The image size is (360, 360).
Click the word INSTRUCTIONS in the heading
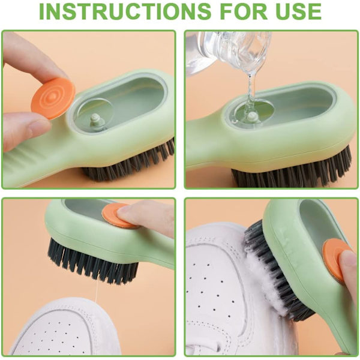point(125,11)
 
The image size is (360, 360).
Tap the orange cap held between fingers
point(53,98)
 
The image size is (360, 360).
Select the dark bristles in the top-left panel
point(128,163)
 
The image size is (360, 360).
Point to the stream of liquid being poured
point(250,92)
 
